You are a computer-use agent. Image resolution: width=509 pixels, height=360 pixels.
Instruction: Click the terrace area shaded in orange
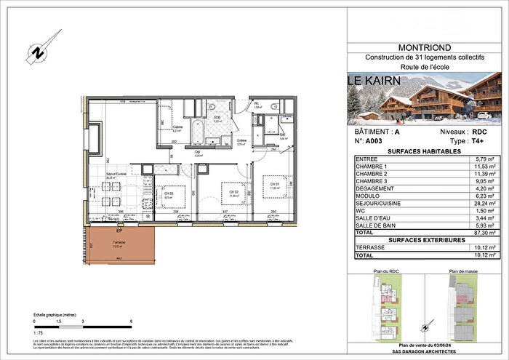(x=121, y=244)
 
